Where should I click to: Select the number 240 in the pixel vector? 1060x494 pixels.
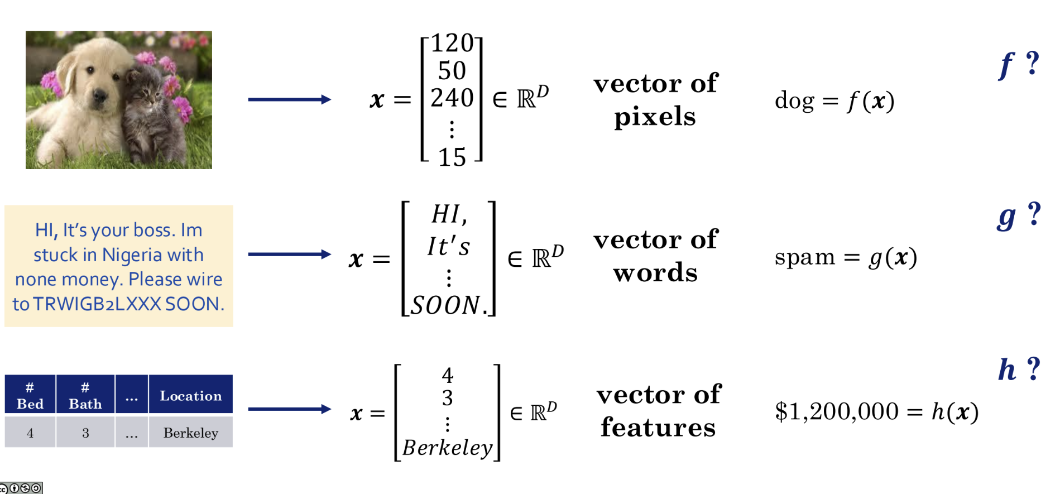pos(452,98)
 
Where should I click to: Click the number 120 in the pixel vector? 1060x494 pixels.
pos(452,44)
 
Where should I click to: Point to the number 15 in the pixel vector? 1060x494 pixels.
pos(452,158)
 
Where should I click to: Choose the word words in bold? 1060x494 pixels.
pos(655,273)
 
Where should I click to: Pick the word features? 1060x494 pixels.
pos(658,428)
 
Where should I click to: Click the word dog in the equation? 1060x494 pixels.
pos(794,102)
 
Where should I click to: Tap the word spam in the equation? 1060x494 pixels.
pos(804,257)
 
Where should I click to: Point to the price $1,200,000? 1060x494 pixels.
pos(837,412)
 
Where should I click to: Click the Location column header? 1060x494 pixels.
pos(190,396)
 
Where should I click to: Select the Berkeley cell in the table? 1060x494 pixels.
pos(190,433)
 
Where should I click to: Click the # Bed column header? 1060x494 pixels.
pos(30,396)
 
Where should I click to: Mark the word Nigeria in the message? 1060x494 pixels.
pos(132,255)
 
